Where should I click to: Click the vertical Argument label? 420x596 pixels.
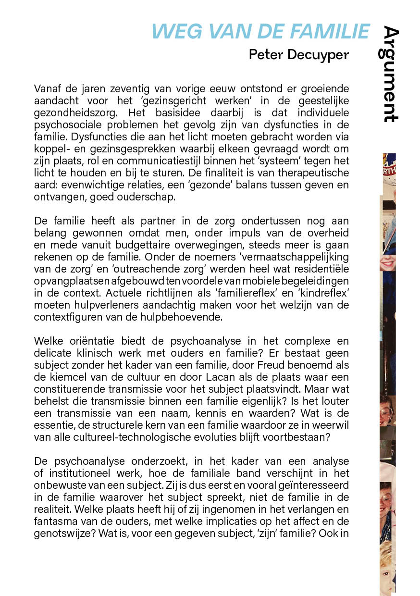pos(391,74)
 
